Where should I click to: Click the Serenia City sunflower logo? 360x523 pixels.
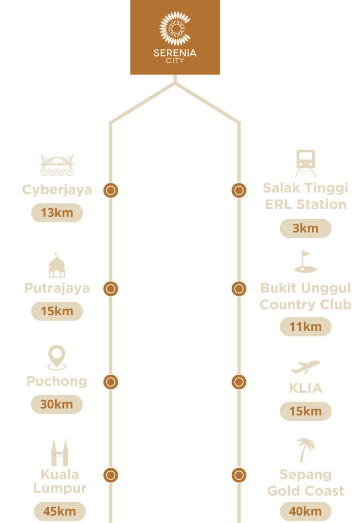click(x=175, y=29)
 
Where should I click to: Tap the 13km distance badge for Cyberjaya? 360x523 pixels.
click(x=57, y=213)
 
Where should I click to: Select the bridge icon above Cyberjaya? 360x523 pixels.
click(x=57, y=165)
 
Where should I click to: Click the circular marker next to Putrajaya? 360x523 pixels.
click(x=111, y=289)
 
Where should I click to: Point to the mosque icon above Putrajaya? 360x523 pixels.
click(x=57, y=265)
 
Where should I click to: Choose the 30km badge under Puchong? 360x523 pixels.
click(x=57, y=404)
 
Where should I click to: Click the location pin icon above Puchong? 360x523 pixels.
click(x=57, y=357)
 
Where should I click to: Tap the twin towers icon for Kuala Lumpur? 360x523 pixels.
click(x=60, y=452)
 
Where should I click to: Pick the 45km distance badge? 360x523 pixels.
click(x=60, y=511)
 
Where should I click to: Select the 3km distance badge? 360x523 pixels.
click(x=306, y=229)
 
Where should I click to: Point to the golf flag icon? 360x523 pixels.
click(x=305, y=261)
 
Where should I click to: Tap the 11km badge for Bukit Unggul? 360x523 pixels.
click(x=306, y=327)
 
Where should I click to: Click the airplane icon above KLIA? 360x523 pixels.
click(x=305, y=367)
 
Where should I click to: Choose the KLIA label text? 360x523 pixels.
click(x=306, y=388)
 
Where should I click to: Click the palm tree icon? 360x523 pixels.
click(x=306, y=450)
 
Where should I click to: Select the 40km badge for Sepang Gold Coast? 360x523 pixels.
click(x=306, y=511)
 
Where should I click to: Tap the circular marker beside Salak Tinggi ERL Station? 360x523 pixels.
click(x=239, y=190)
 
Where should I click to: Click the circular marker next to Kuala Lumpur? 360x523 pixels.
click(x=111, y=476)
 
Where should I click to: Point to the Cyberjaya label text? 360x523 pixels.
click(x=57, y=190)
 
